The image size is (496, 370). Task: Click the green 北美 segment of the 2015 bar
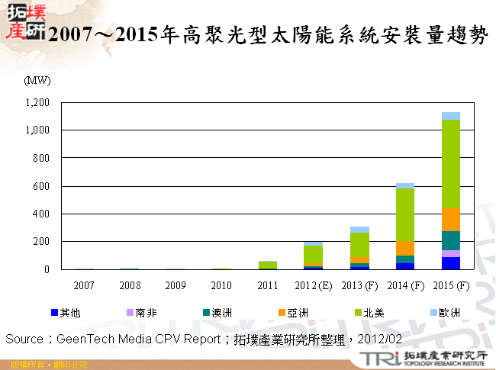point(451,164)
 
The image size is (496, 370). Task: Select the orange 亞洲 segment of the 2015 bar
point(451,220)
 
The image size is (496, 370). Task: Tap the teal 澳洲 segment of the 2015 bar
point(451,240)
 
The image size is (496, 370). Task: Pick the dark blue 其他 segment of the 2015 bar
point(451,263)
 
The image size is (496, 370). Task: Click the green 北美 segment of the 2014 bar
point(405,214)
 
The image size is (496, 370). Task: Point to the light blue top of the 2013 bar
point(359,230)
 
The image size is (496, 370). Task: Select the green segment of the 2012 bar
point(313,255)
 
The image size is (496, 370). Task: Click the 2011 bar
point(267,265)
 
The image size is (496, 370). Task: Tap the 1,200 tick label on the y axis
point(37,102)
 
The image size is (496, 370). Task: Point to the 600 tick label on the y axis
point(41,186)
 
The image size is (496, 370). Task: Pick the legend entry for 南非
point(141,312)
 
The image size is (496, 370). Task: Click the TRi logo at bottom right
point(374,357)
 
